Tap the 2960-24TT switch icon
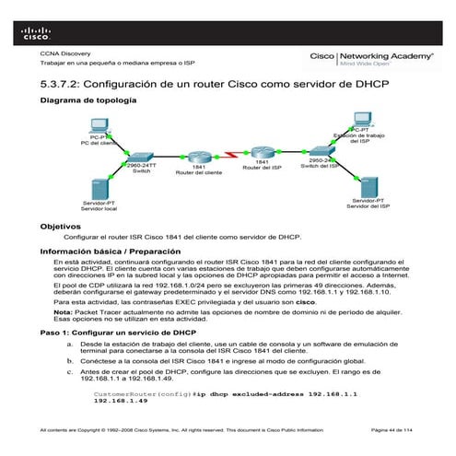pyautogui.click(x=140, y=158)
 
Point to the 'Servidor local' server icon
pyautogui.click(x=99, y=187)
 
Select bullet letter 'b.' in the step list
pyautogui.click(x=71, y=363)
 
